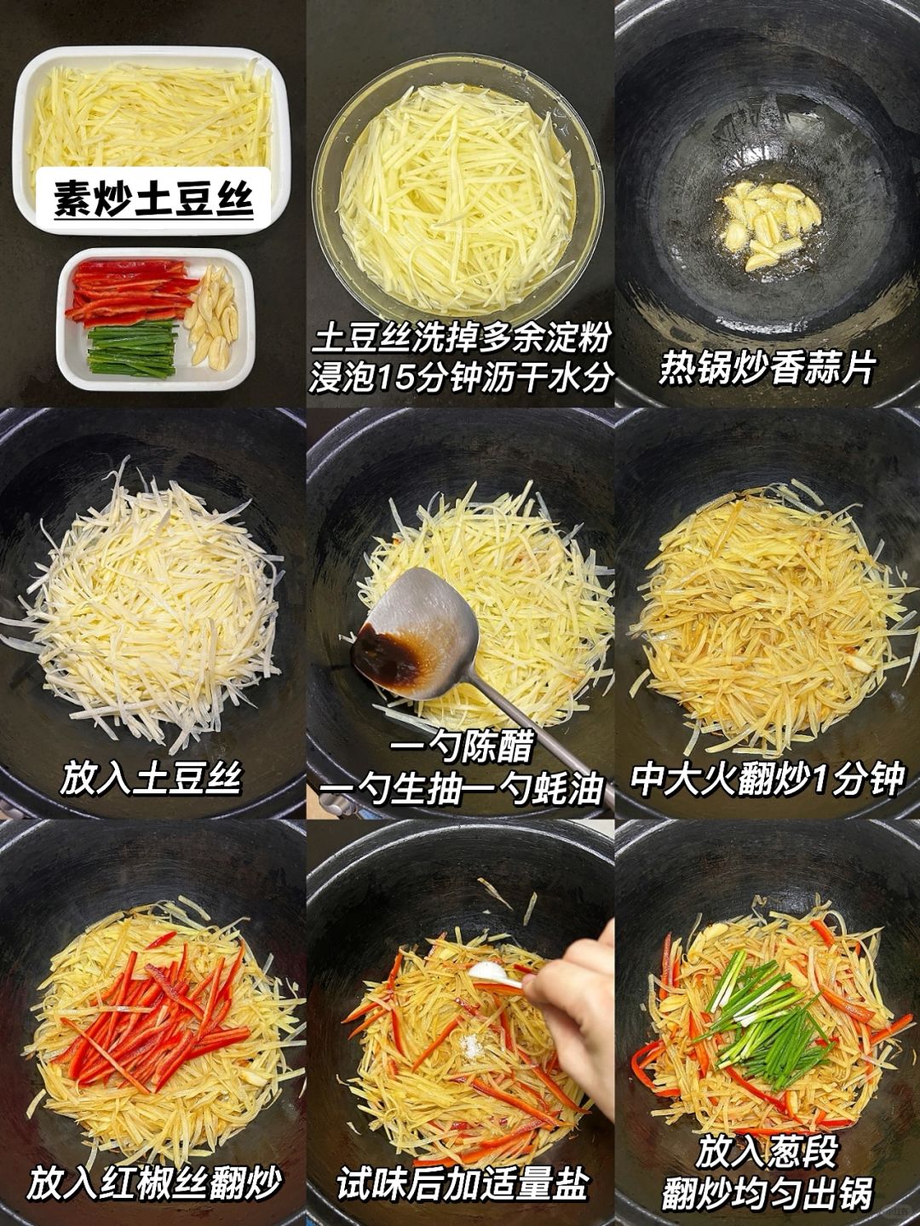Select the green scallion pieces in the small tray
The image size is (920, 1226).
[132, 351]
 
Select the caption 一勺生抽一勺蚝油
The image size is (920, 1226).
[461, 788]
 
